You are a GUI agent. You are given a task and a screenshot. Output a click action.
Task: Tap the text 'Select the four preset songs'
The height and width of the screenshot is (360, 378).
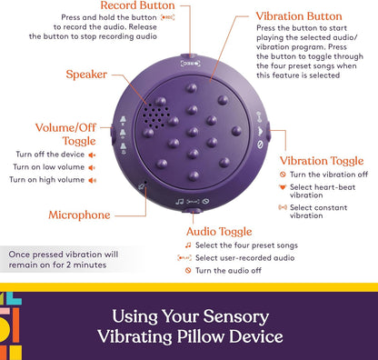click(250, 245)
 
